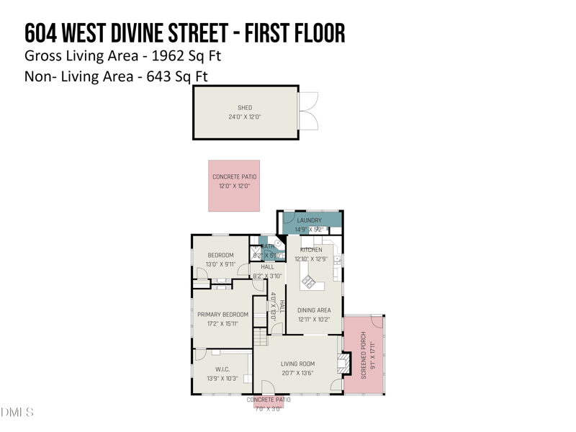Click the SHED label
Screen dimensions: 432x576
point(245,108)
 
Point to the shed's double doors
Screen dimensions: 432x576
point(308,112)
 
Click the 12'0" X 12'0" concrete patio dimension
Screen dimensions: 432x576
point(234,186)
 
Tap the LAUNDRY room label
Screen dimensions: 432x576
point(309,220)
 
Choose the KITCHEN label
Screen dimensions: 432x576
point(311,250)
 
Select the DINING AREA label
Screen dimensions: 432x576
point(314,310)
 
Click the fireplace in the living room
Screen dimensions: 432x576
point(345,364)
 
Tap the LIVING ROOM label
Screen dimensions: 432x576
point(297,364)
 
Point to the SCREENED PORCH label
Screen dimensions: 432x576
point(364,355)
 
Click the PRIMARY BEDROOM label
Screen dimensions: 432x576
point(222,315)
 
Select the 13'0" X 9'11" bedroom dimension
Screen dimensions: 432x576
point(221,264)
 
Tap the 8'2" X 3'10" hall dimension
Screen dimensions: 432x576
point(267,276)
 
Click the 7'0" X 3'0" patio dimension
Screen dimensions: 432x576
point(269,409)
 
